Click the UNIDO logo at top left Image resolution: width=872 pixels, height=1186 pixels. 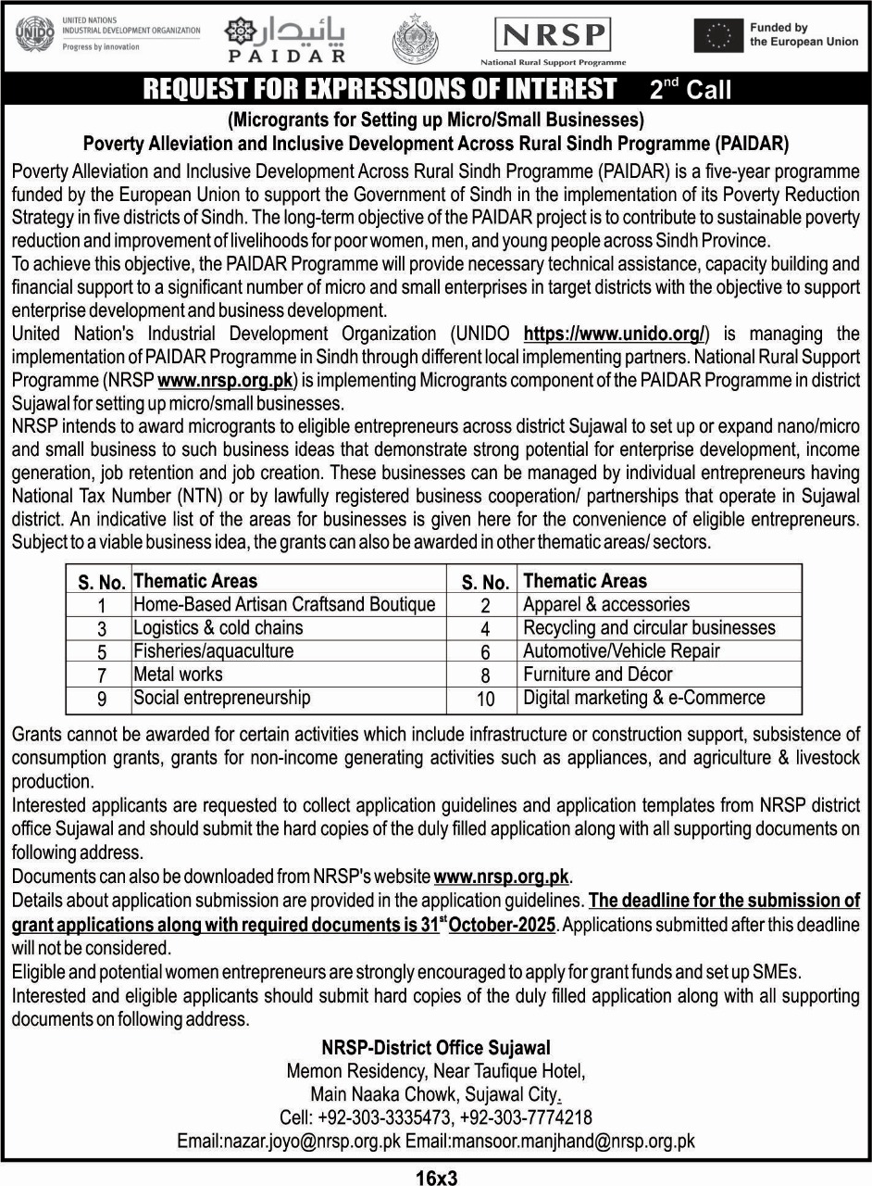(35, 35)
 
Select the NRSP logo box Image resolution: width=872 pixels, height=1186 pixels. (553, 36)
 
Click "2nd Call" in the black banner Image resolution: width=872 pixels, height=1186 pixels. (690, 89)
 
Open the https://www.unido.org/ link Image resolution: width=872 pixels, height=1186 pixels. (617, 334)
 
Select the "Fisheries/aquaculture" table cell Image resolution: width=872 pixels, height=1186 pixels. (214, 651)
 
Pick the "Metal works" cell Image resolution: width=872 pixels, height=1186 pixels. (179, 675)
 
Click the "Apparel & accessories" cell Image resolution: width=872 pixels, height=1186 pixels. (606, 605)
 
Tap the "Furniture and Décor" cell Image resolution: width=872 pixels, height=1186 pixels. (598, 675)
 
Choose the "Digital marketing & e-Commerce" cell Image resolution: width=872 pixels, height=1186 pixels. (644, 698)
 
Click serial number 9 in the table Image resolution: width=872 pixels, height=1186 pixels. (102, 699)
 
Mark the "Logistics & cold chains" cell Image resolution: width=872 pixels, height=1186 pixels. (218, 628)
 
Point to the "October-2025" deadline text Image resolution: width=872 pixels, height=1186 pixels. (502, 926)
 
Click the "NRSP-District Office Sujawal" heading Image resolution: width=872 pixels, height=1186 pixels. (436, 1048)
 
